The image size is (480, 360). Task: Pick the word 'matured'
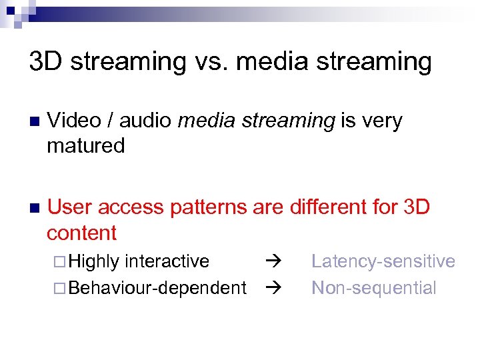pos(85,146)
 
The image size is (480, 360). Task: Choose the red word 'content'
pos(81,233)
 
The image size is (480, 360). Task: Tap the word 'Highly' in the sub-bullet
pos(94,261)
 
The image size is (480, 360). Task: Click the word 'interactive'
pos(167,261)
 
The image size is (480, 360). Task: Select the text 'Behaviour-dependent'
pos(157,288)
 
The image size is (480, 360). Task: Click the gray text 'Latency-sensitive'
pos(383,261)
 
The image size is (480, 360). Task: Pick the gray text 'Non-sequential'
pos(374,288)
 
